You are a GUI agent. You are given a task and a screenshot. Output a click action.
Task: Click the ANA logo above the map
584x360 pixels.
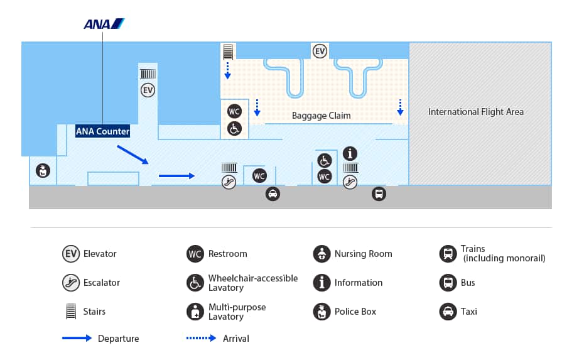tap(104, 24)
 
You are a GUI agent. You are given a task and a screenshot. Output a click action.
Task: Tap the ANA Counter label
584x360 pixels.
tap(102, 131)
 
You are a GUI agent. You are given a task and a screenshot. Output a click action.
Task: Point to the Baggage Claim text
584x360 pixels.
tap(321, 116)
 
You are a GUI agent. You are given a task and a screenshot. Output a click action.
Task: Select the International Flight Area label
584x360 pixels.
tap(476, 112)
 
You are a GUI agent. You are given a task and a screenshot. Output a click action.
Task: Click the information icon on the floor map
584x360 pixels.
tap(350, 153)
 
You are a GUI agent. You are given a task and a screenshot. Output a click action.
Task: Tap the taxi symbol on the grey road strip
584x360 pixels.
tap(273, 194)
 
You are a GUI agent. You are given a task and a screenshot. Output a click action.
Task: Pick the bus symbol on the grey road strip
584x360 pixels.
tap(378, 194)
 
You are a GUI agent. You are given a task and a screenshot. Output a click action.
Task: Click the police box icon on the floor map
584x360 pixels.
tap(43, 170)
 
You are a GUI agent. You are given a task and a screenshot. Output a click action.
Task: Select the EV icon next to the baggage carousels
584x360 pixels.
tap(320, 51)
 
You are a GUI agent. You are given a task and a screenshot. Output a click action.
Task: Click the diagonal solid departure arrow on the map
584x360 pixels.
tap(132, 155)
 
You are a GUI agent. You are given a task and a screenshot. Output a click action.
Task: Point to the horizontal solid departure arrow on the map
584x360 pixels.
tap(176, 176)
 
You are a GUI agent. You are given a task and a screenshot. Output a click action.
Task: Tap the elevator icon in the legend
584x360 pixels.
tap(71, 254)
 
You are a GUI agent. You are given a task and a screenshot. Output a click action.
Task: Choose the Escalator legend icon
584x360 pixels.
tap(71, 283)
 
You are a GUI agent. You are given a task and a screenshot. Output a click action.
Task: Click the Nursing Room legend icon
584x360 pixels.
tap(322, 254)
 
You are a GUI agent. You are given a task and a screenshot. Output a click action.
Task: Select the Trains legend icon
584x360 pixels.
tap(448, 254)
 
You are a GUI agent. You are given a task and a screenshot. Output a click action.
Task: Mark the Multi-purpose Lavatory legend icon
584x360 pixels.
tap(195, 312)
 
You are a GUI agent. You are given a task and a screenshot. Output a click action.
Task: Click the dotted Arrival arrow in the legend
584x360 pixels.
tap(201, 338)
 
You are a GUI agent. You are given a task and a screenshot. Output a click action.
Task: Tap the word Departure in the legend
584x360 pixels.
tap(118, 339)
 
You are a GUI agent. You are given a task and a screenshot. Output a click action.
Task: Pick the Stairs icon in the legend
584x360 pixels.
tap(71, 312)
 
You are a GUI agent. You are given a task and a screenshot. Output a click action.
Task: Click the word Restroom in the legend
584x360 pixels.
tap(227, 254)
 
